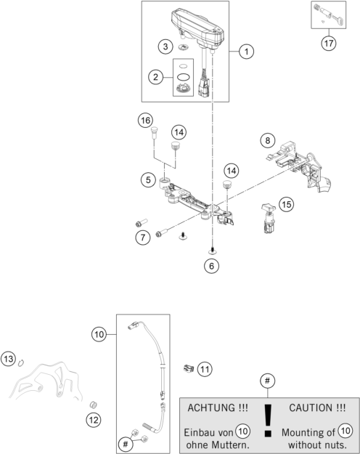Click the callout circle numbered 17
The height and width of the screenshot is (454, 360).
pos(329,44)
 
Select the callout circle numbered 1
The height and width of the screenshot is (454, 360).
pos(246,52)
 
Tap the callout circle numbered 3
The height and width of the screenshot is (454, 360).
pos(165,46)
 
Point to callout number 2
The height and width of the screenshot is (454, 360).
pos(156,77)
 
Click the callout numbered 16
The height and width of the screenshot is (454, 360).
pos(145,120)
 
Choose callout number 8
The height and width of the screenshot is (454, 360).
pos(267,140)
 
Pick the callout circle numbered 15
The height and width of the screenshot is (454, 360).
pos(286,204)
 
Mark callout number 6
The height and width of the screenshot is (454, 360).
pos(211,266)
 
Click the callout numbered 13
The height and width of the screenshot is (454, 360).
pos(9,359)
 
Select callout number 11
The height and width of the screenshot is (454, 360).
pos(205,369)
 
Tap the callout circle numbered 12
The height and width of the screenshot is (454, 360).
pos(94,420)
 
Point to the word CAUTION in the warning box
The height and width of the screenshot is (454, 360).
pos(310,408)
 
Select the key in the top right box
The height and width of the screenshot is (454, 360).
pos(337,20)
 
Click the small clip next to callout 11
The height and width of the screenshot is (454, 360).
pos(189,368)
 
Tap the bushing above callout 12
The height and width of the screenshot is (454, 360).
pos(93,405)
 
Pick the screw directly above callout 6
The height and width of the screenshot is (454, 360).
pos(212,250)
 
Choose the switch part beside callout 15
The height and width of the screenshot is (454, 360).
pos(269,219)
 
